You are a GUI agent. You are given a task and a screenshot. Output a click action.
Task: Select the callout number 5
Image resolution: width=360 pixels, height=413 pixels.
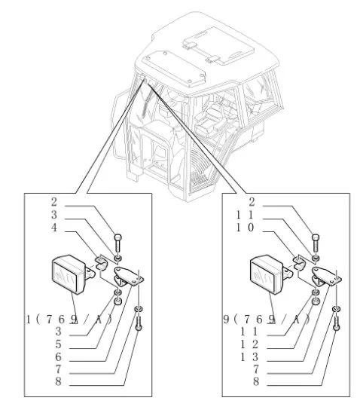coord(57,344)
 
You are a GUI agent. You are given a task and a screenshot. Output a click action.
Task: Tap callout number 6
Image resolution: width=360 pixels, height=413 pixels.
coord(57,356)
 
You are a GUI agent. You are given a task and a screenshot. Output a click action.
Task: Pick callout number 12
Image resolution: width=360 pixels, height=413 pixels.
coord(258,344)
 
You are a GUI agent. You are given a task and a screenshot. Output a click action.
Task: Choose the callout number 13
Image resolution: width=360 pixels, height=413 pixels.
coord(258,356)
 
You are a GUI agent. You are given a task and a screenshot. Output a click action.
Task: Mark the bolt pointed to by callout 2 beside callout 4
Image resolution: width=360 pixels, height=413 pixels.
coord(119,246)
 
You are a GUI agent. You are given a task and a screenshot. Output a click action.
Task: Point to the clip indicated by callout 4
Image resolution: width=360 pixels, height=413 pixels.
coord(100,265)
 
